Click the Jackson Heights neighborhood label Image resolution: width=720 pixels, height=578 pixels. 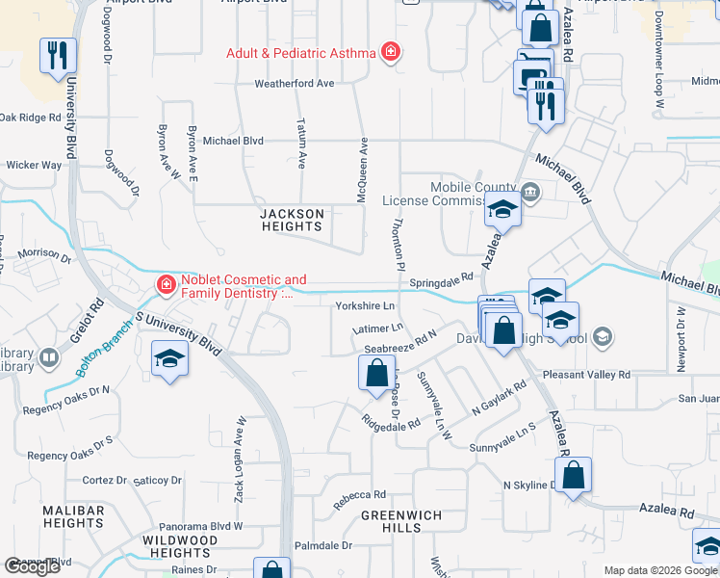click(292, 220)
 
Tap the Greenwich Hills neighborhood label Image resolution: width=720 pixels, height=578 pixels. click(401, 521)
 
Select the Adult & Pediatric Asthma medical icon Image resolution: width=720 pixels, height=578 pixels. click(390, 52)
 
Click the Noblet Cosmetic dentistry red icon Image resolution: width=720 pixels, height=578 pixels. click(166, 285)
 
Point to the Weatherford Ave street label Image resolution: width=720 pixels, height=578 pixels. click(294, 84)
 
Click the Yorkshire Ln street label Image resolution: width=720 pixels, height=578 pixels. click(365, 306)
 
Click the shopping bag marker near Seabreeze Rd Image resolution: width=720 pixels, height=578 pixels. click(376, 373)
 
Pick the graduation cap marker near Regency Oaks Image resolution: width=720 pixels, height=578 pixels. click(169, 359)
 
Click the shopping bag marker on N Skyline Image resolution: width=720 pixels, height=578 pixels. click(573, 474)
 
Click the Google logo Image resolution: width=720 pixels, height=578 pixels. click(32, 566)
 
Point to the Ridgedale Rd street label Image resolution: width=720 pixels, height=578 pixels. click(391, 421)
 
